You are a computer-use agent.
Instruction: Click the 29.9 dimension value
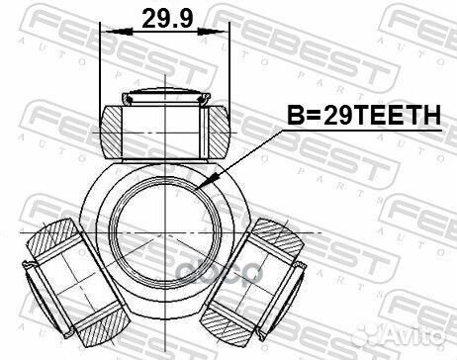(x=164, y=17)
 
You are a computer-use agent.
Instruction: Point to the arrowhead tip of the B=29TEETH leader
(x=200, y=185)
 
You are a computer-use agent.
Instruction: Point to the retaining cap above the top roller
(x=165, y=97)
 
